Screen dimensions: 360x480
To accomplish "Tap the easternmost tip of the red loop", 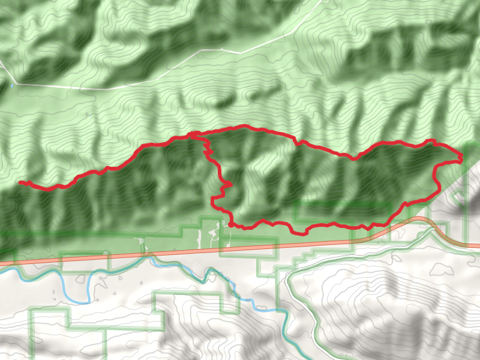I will tap(461, 160).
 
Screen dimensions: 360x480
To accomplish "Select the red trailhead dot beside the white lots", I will tap(230, 225).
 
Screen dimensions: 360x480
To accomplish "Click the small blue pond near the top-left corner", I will tap(11, 85).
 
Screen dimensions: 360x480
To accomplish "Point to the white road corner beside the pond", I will tap(17, 83).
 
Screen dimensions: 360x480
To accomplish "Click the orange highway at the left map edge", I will tap(2, 263).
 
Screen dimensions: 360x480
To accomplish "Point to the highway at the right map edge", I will tap(478, 245).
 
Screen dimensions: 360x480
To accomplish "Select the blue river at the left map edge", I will tap(2, 271).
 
